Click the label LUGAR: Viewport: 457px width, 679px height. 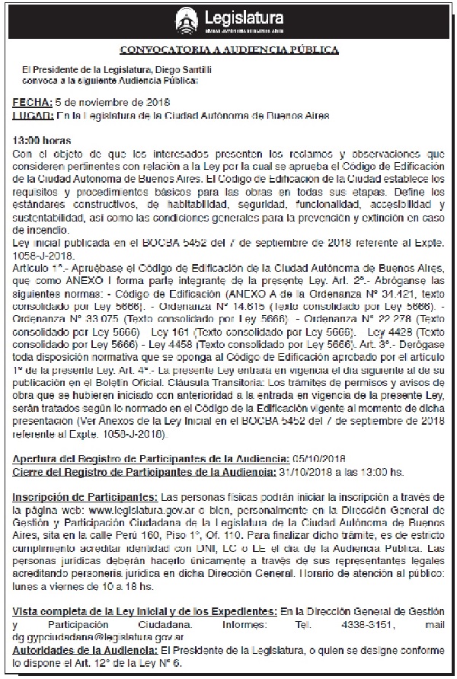(x=34, y=116)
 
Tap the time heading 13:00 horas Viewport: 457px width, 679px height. (x=42, y=141)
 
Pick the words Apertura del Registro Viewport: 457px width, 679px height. (x=64, y=458)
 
